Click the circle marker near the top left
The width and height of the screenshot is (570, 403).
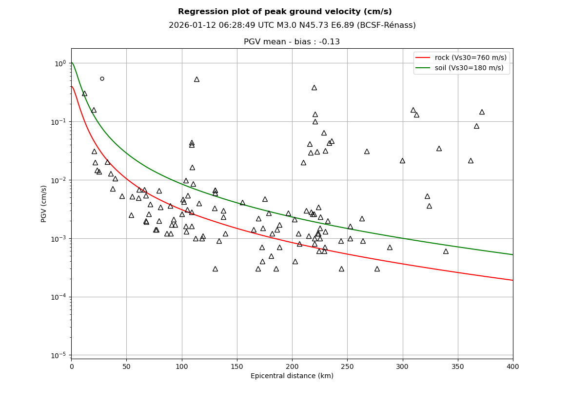(x=102, y=78)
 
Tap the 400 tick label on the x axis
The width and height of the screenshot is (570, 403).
(x=513, y=366)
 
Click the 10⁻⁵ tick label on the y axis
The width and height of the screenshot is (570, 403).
(x=59, y=355)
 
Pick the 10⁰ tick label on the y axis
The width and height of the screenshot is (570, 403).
(x=60, y=63)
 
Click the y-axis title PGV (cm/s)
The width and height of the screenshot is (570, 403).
(x=44, y=204)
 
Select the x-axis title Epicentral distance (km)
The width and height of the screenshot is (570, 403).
(x=292, y=376)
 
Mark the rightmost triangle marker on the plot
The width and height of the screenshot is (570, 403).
(x=482, y=112)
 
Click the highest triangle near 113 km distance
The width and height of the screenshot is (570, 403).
(x=197, y=79)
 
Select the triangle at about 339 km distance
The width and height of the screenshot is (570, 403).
(x=446, y=251)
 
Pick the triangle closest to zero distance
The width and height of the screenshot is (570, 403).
(x=84, y=94)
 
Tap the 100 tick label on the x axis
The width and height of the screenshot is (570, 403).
(x=182, y=366)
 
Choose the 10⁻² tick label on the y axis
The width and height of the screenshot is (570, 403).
(x=59, y=180)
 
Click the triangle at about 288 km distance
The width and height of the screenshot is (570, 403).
(x=390, y=248)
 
